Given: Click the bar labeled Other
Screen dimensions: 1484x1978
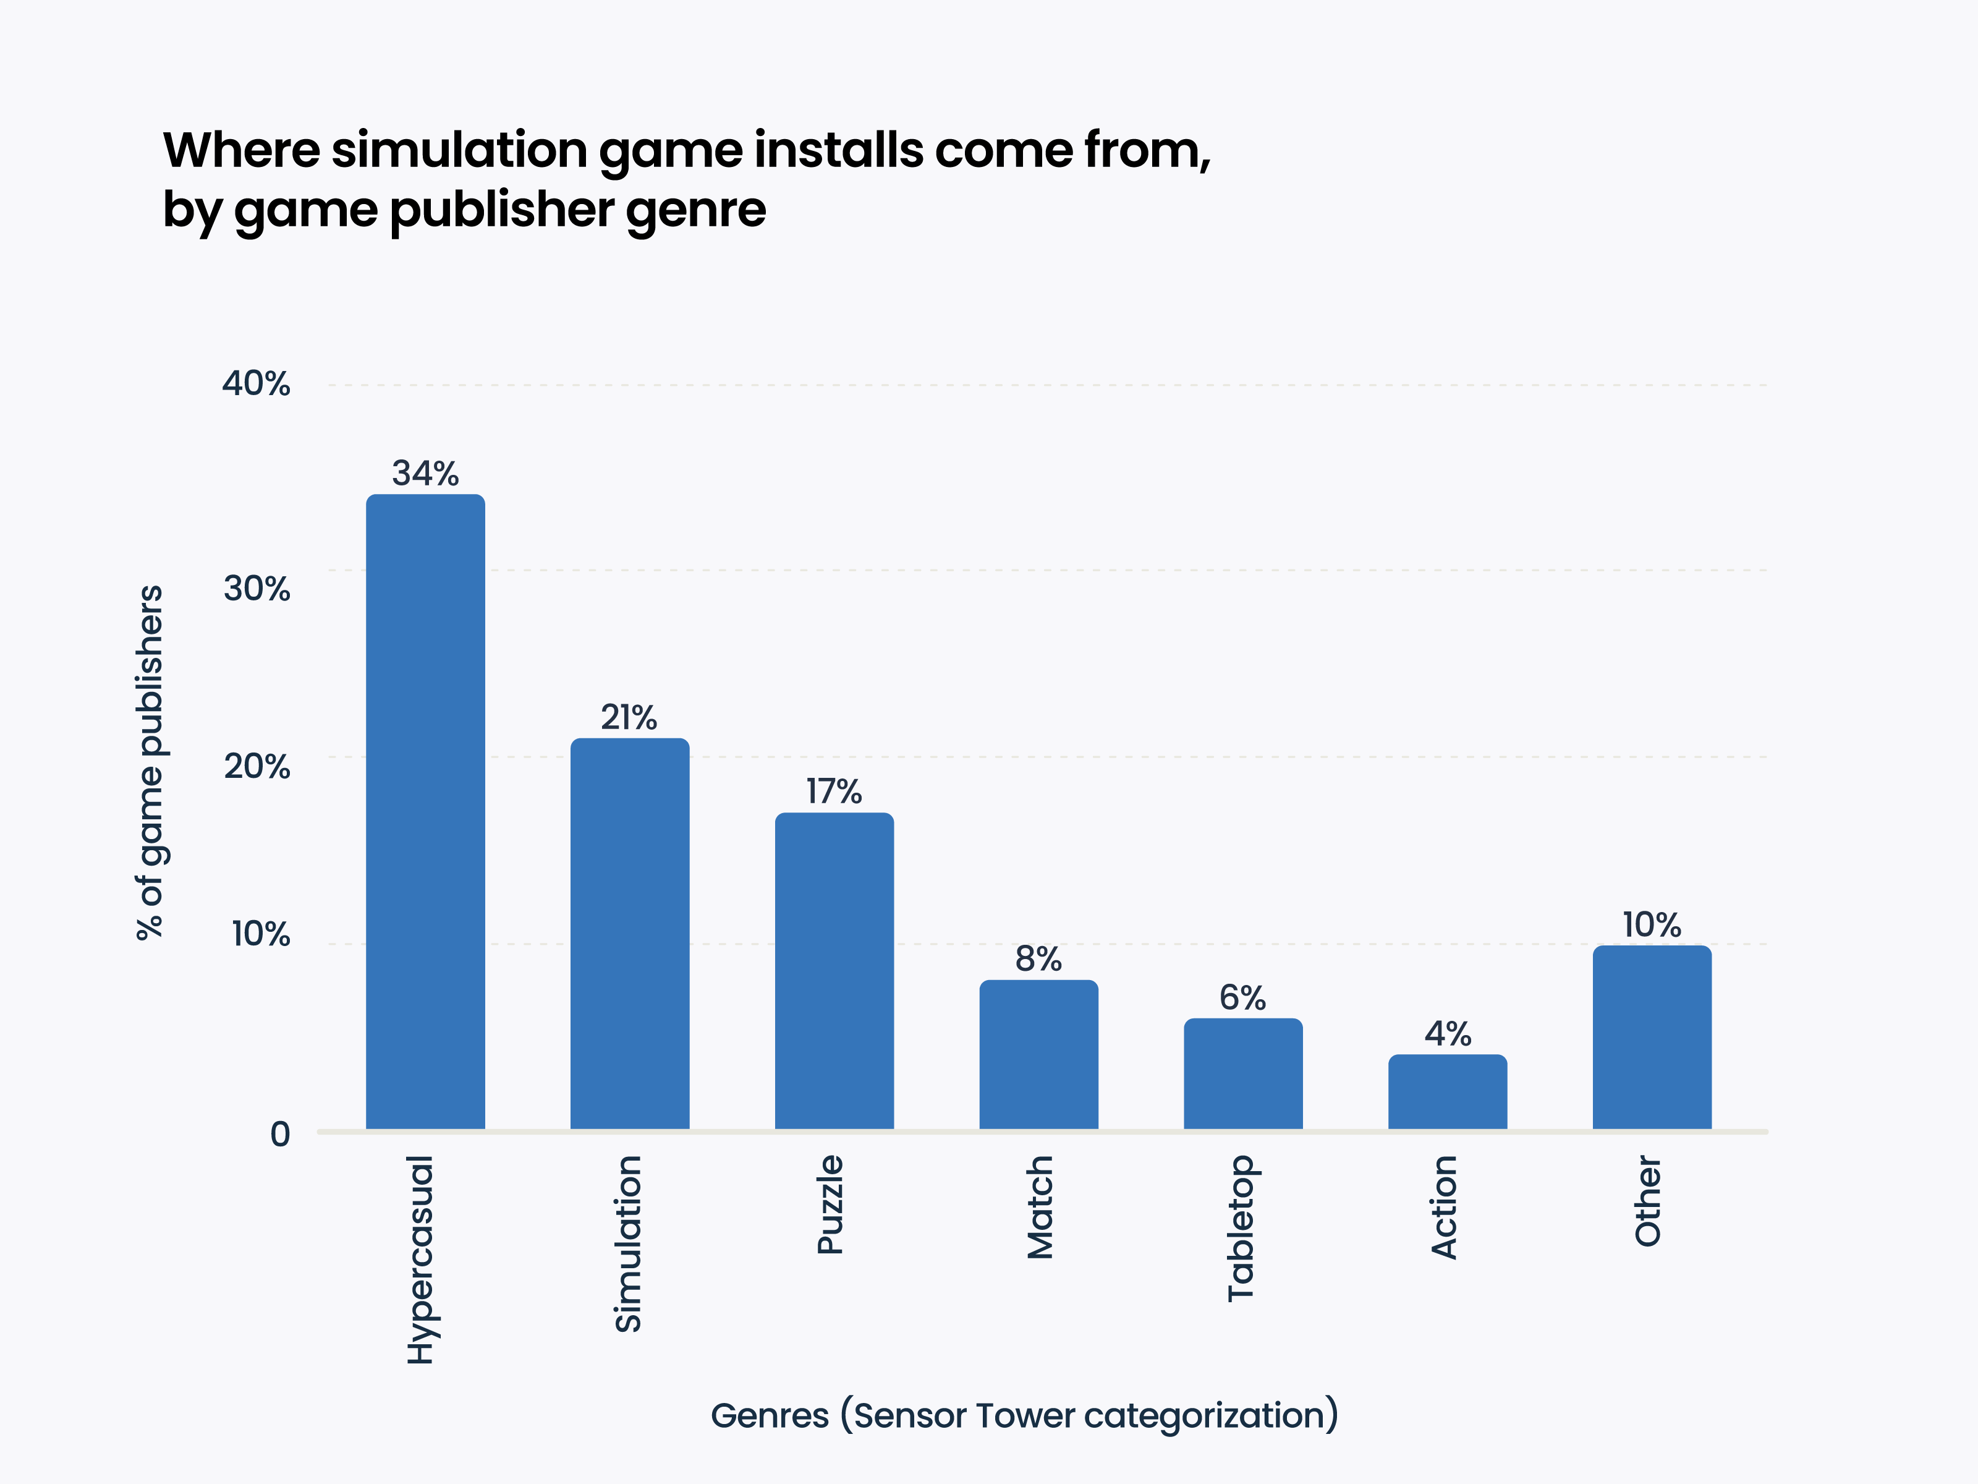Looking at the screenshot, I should (x=1652, y=1037).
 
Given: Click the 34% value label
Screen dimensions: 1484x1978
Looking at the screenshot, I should (x=426, y=473).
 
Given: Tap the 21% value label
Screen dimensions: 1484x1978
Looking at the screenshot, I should (x=629, y=717).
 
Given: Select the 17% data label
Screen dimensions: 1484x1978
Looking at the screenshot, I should (x=833, y=791).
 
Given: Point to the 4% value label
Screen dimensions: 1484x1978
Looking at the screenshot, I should (x=1448, y=1034).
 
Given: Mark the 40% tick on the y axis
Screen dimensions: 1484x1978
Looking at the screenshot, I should (x=257, y=384).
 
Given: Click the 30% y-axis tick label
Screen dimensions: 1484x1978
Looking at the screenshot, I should (x=257, y=589).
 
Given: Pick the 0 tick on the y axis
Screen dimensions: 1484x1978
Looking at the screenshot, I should (x=280, y=1134).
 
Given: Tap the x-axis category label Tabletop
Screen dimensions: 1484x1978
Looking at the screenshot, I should (x=1241, y=1227).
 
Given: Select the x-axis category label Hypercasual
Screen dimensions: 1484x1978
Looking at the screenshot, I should (x=420, y=1260).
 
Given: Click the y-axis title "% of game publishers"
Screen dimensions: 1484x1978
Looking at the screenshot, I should (x=150, y=762).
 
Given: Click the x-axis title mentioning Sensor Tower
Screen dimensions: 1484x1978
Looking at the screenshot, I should (x=1024, y=1415).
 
